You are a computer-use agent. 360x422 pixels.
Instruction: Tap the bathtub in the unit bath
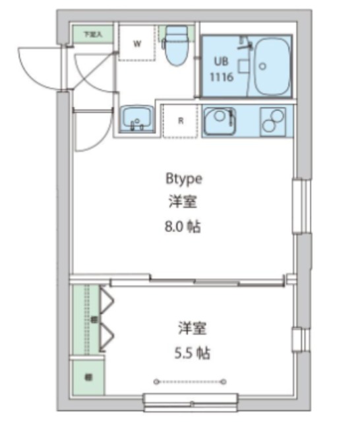tap(270, 66)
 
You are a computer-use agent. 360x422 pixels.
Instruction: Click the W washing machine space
tap(138, 44)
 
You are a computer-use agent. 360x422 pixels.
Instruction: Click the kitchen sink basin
tap(219, 121)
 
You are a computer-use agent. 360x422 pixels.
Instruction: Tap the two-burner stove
tap(272, 120)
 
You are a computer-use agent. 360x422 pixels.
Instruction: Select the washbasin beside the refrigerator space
tap(136, 120)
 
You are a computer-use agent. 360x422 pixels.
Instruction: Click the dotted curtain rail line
tap(190, 381)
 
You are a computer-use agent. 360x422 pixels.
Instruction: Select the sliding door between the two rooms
tap(198, 281)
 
